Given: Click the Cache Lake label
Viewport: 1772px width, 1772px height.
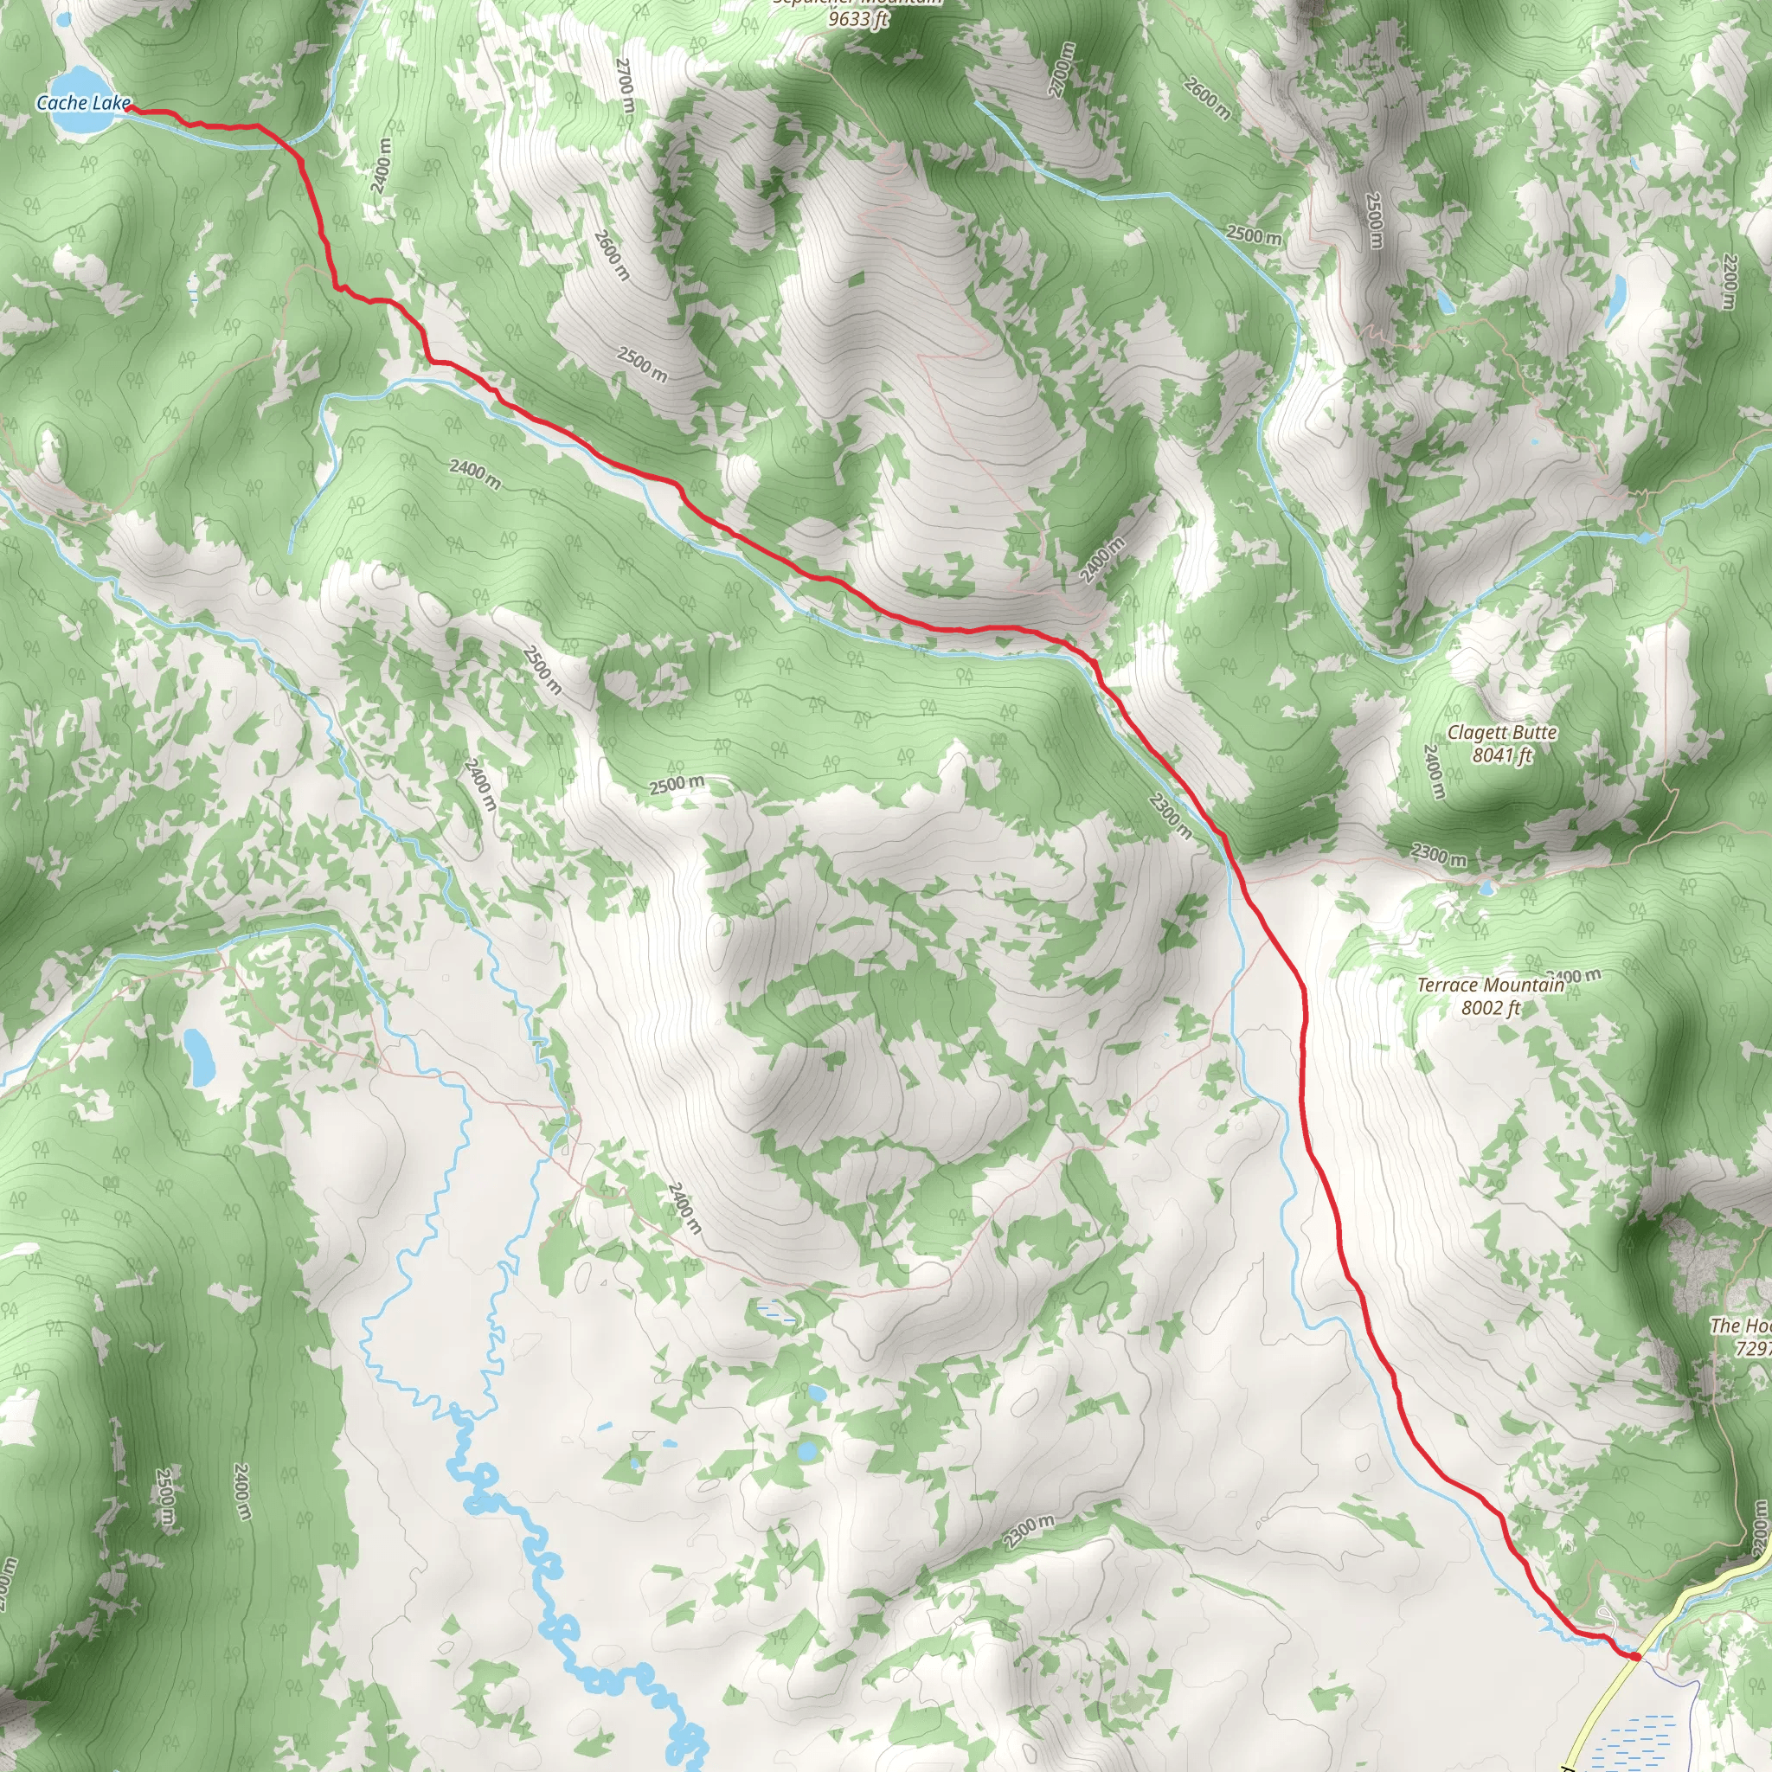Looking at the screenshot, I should pos(83,104).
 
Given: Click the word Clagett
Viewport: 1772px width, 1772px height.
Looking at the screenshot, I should pos(1477,733).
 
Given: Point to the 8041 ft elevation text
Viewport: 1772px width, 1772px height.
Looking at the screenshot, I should pos(1502,755).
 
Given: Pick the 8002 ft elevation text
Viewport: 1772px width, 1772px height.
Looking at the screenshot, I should pos(1491,1009).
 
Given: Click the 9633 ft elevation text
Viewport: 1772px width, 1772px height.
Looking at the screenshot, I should pos(858,18).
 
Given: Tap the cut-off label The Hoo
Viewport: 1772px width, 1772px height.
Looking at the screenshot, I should pos(1740,1326).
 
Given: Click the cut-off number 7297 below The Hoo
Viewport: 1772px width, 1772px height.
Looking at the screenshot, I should pos(1753,1349).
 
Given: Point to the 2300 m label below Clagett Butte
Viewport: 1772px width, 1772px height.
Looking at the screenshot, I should pos(1438,856).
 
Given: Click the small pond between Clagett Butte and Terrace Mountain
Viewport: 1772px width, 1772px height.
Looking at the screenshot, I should pos(1485,888).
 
